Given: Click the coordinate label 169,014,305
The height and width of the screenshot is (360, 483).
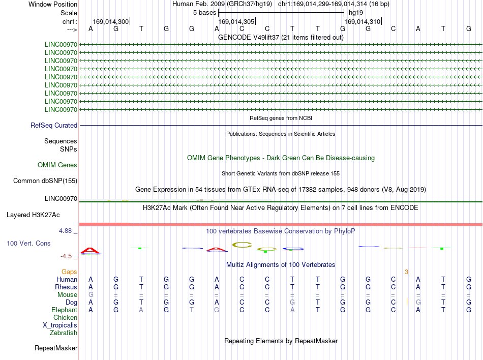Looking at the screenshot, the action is pos(236,21).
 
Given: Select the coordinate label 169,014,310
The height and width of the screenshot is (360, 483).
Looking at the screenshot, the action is pos(362,21).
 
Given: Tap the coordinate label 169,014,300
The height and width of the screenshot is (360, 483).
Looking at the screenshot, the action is pos(111,21).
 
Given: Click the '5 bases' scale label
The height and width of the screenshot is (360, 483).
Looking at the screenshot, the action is pos(204,13).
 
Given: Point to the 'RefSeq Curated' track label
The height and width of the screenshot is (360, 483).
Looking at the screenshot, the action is pos(54,125).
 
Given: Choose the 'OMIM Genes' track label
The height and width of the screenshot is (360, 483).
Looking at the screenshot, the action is pos(57,165).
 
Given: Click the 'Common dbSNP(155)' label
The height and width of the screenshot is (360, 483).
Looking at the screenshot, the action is pos(45,181).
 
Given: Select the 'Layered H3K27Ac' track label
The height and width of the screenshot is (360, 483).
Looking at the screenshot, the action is pos(33,215).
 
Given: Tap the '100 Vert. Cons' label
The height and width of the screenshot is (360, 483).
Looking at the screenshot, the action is pos(28,243).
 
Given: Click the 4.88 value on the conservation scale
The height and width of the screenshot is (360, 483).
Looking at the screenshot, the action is pos(65,231).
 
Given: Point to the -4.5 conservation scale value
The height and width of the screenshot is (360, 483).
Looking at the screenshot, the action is pos(66,256).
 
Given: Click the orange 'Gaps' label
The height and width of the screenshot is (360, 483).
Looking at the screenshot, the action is pos(69,272).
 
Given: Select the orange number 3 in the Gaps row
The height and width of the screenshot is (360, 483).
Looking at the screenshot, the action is pos(406,272).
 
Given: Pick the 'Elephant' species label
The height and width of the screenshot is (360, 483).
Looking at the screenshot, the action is pos(65,310).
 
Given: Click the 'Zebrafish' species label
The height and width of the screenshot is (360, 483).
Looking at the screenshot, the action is pos(64,333).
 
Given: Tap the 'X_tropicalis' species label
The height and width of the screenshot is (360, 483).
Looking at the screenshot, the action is pos(60,325).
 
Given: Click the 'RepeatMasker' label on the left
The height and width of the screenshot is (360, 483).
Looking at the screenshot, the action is pos(56,348).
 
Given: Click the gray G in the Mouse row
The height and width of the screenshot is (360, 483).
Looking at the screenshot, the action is pos(90,295).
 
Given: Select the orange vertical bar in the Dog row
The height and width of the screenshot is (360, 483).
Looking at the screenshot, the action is pos(407,302).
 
